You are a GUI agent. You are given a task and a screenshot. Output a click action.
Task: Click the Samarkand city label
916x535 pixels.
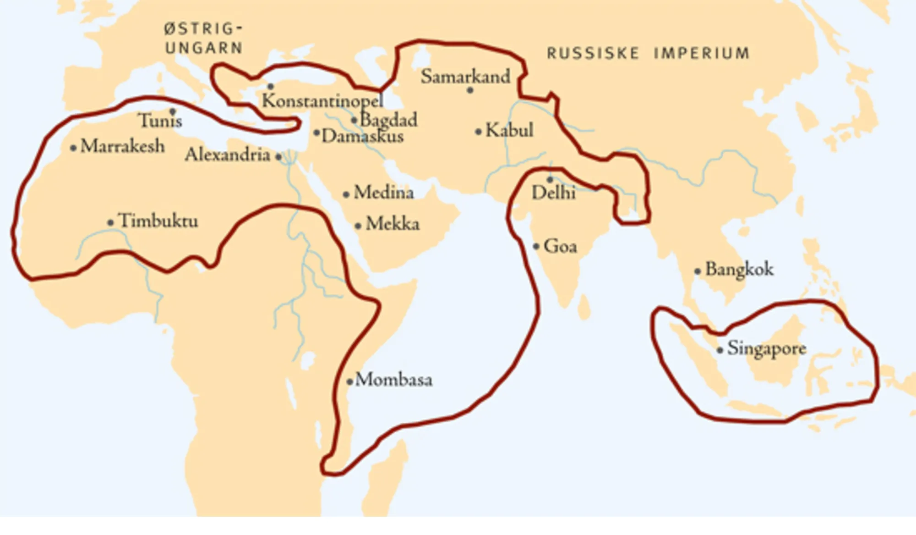pyautogui.click(x=465, y=77)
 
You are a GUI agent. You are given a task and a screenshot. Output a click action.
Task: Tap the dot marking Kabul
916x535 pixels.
pyautogui.click(x=478, y=132)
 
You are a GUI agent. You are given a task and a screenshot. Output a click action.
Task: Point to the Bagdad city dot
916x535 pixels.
pyautogui.click(x=354, y=121)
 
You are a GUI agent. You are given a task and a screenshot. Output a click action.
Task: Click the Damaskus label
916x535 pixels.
pyautogui.click(x=362, y=136)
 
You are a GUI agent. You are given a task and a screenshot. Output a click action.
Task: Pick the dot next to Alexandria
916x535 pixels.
pyautogui.click(x=278, y=157)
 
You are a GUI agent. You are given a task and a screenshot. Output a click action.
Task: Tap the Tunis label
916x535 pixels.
pyautogui.click(x=160, y=121)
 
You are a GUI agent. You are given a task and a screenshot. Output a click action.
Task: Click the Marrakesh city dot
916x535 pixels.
pyautogui.click(x=73, y=148)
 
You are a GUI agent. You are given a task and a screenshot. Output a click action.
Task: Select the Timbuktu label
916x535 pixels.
pyautogui.click(x=158, y=221)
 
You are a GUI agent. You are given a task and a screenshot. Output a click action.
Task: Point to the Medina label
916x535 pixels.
pyautogui.click(x=384, y=192)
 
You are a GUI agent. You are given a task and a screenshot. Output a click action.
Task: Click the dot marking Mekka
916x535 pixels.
pyautogui.click(x=358, y=226)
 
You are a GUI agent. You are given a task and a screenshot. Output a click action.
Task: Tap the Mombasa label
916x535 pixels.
pyautogui.click(x=393, y=380)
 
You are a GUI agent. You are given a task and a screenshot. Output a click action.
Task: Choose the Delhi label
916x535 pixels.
pyautogui.click(x=553, y=193)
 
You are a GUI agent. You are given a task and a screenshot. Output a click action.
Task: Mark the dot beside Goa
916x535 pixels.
pyautogui.click(x=536, y=247)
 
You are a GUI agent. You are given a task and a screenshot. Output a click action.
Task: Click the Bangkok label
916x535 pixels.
pyautogui.click(x=739, y=269)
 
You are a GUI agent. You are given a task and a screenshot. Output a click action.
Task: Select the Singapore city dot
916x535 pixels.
pyautogui.click(x=720, y=350)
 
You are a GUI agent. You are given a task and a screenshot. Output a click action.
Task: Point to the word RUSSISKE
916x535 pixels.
pyautogui.click(x=593, y=54)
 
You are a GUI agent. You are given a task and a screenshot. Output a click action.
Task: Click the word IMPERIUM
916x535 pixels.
pyautogui.click(x=702, y=54)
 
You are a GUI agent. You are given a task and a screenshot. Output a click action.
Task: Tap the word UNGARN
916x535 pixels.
pyautogui.click(x=204, y=48)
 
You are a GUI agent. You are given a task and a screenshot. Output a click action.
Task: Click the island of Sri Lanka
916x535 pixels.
pyautogui.click(x=584, y=307)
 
